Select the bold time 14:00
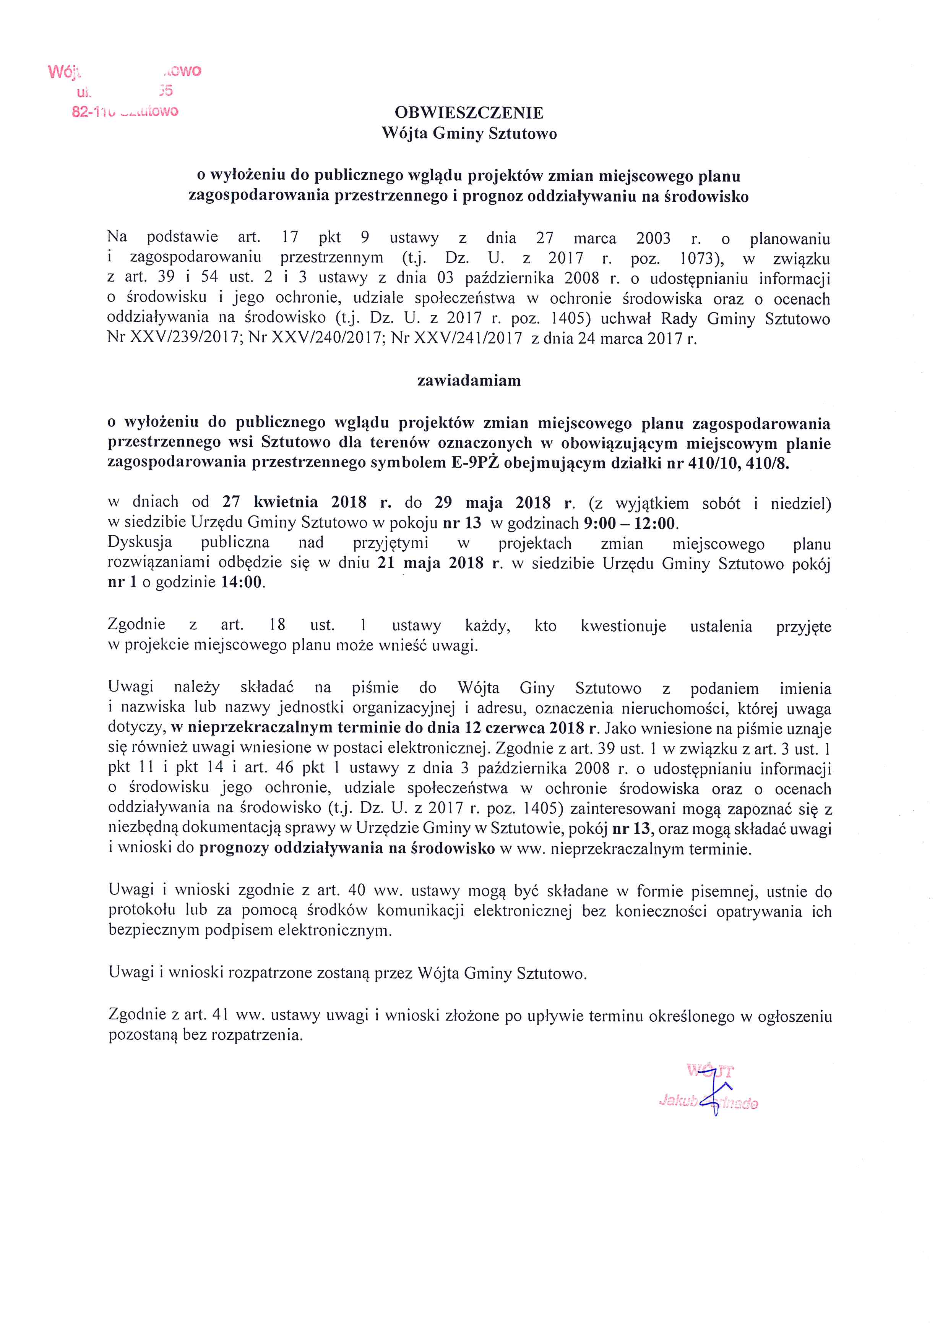click(x=241, y=582)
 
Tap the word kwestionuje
click(x=623, y=626)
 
